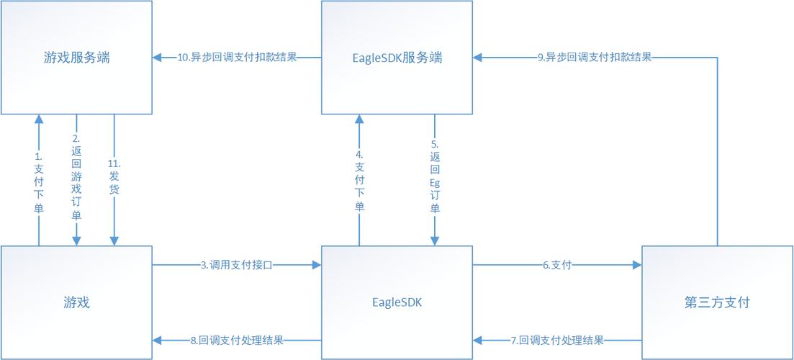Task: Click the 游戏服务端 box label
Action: [x=76, y=58]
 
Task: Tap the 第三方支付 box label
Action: [x=718, y=302]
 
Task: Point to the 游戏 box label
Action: [x=76, y=302]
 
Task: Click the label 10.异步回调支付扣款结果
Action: [x=238, y=58]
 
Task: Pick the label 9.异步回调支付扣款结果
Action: [x=595, y=58]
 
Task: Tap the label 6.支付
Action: [x=556, y=265]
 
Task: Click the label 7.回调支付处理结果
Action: [x=556, y=340]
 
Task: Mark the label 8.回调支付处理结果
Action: [x=236, y=340]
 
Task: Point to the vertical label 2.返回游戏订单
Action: [x=76, y=176]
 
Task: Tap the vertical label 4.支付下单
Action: [x=358, y=181]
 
